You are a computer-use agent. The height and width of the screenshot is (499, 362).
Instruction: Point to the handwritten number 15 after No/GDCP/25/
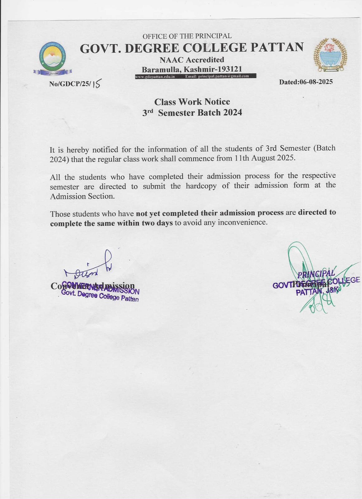coord(96,84)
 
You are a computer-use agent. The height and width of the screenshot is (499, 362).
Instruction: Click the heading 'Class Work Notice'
coord(192,102)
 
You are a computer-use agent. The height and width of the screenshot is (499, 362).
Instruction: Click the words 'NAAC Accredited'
coord(192,60)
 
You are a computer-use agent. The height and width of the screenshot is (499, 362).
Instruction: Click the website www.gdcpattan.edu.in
coord(155,76)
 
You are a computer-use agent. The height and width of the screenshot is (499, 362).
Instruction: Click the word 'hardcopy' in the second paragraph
coord(203,186)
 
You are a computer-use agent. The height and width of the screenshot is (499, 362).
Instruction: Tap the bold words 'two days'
coord(157,223)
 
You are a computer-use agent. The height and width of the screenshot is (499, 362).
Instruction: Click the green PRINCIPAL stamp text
coord(316,274)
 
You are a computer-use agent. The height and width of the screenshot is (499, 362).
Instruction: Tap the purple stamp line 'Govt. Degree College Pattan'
coord(100,296)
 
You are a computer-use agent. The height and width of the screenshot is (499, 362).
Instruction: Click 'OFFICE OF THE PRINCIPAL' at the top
coord(187,36)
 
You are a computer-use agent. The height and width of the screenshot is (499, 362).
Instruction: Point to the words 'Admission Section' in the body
coord(82,196)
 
